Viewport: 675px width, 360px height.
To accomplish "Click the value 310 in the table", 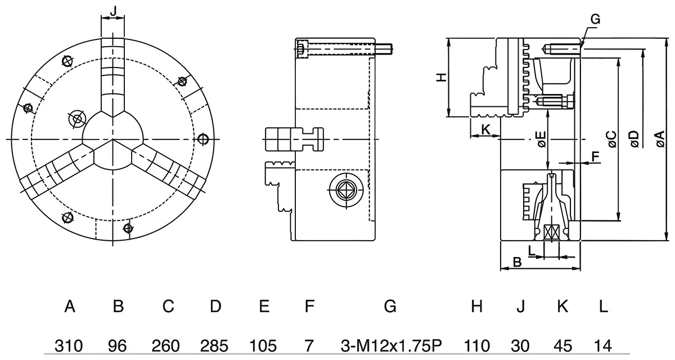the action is (x=69, y=345).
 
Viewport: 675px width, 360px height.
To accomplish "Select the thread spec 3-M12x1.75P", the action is (x=391, y=345).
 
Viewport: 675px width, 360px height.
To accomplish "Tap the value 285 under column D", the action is (x=214, y=345).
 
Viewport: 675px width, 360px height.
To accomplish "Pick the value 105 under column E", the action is (x=263, y=345).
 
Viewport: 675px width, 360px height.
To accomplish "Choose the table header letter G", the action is (x=390, y=306).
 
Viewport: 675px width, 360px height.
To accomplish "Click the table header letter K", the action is (x=562, y=306).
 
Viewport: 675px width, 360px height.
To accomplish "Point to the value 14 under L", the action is (x=602, y=345).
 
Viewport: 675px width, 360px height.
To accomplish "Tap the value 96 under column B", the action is (x=117, y=345).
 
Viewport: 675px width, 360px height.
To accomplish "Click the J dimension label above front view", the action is (x=113, y=11).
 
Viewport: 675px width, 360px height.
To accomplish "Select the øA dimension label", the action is (x=660, y=139).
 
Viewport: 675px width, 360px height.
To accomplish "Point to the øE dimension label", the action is (x=542, y=139).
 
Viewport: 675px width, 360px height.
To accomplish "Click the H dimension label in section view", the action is (x=442, y=78).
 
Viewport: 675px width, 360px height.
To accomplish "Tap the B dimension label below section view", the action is (x=517, y=262).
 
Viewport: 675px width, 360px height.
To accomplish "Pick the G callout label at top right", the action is (x=595, y=19).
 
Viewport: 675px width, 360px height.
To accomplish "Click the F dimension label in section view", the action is (x=595, y=156).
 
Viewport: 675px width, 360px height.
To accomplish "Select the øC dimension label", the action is (x=613, y=139).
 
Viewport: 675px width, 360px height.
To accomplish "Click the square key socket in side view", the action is (x=346, y=190).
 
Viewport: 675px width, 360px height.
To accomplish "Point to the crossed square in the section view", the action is (x=551, y=232).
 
